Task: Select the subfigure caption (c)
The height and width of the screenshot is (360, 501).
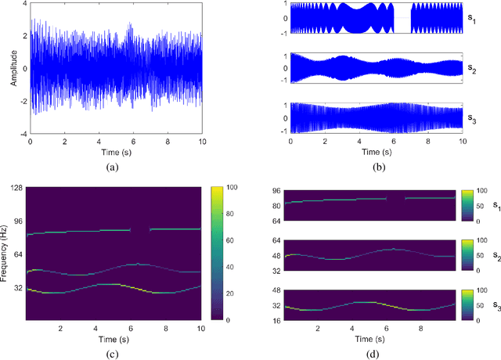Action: coord(115,350)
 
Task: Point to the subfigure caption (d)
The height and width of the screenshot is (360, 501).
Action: coord(376,350)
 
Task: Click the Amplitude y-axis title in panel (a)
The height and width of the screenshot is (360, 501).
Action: coord(14,69)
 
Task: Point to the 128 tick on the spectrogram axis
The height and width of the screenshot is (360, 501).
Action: coord(18,188)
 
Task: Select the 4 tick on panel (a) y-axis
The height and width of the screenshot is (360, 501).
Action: coord(23,3)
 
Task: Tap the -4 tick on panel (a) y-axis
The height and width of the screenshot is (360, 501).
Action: coord(22,134)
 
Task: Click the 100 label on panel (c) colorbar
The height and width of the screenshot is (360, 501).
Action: coord(229,188)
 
